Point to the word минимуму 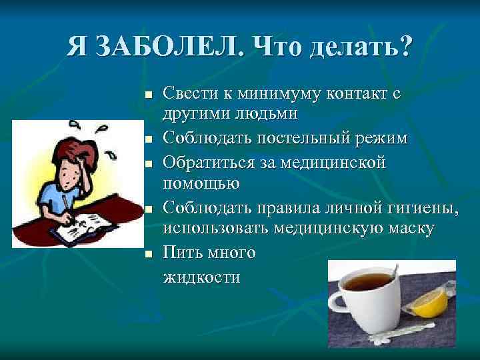[278, 93]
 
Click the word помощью [201, 182]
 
